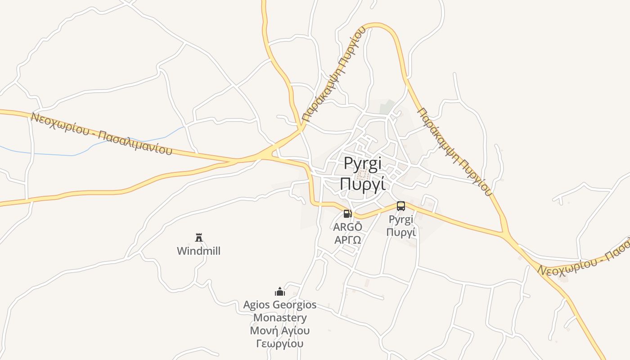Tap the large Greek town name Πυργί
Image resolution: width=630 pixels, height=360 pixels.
click(363, 184)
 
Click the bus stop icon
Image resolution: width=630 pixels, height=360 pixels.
click(401, 206)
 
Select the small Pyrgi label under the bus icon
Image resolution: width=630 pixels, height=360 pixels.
click(400, 220)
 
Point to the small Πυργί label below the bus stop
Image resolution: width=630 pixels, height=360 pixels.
click(400, 232)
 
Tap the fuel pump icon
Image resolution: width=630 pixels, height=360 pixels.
click(347, 214)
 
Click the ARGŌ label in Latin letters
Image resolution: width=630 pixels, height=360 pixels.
click(347, 227)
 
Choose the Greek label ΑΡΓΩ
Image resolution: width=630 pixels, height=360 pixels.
click(347, 239)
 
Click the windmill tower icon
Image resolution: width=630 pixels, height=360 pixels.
click(199, 237)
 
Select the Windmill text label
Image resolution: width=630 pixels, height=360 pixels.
click(199, 251)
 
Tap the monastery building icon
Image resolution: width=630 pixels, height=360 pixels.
click(280, 292)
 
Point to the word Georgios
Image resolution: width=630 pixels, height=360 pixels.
click(295, 305)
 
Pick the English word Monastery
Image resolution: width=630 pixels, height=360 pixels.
click(280, 318)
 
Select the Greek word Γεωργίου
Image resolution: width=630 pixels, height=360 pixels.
click(280, 344)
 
